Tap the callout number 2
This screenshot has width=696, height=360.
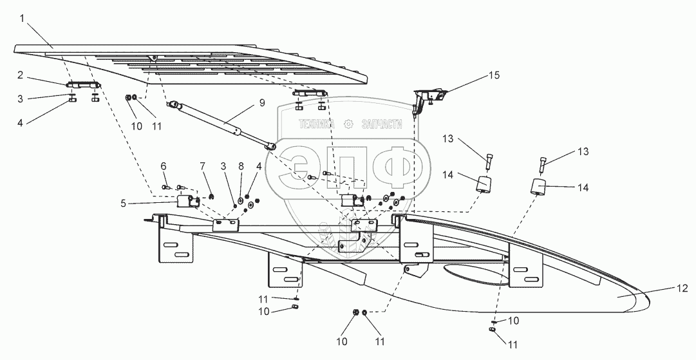[x=21, y=75]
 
